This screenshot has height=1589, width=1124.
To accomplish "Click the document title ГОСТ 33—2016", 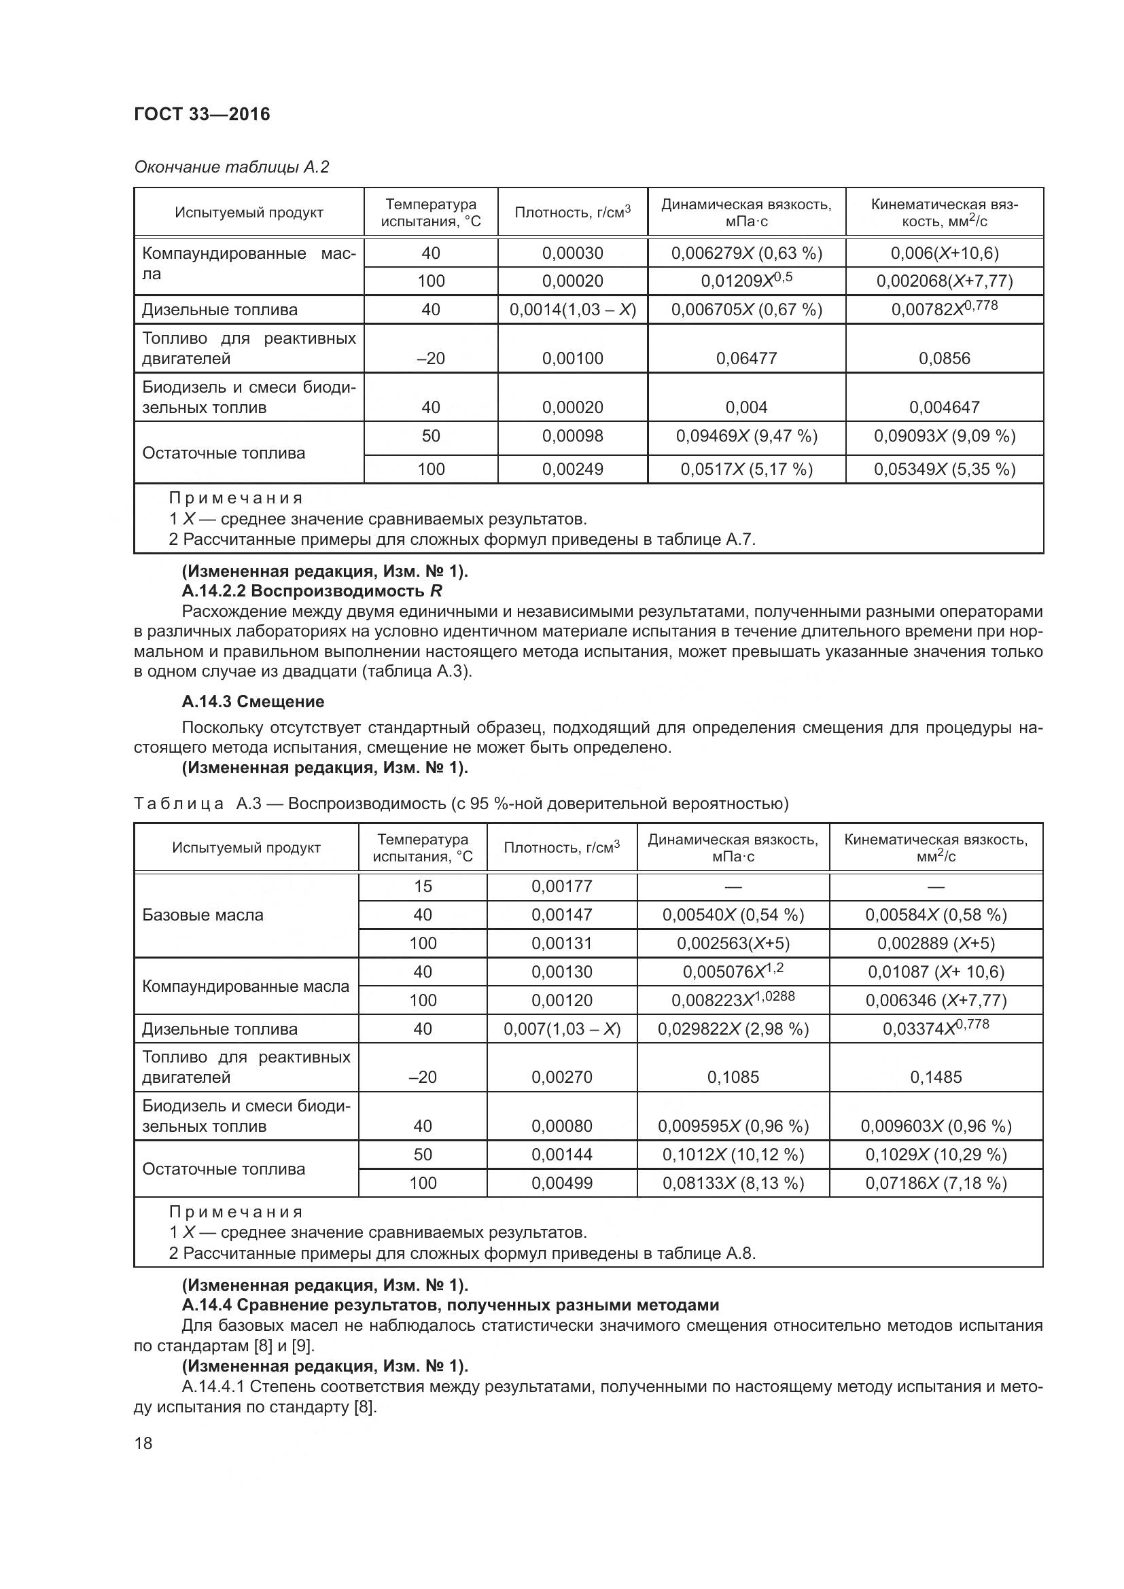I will coord(201,114).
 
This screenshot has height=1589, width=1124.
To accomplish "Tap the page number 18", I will coord(143,1443).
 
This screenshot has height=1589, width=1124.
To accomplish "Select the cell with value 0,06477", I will coord(746,359).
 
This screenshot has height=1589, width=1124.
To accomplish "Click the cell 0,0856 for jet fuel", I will coord(944,359).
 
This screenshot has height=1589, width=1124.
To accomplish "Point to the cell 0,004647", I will coord(944,407).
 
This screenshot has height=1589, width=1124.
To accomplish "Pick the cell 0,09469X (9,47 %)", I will coord(746,436).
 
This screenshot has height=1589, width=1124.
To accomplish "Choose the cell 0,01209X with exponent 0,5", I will coord(746,281).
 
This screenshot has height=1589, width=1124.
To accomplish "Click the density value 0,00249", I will coord(572,469).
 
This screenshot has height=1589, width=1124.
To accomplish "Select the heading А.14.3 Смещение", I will coord(253,702).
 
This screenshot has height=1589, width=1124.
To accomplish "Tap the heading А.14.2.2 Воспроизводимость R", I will coord(311,591).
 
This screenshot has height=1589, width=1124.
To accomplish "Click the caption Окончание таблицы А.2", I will coord(231,167).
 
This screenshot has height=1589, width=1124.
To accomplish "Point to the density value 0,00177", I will coord(561,887).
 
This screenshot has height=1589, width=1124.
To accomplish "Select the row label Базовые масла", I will coord(203,915).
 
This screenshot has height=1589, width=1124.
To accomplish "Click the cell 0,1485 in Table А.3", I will coord(936,1077).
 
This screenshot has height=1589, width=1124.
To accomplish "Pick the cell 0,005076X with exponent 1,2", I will coord(733,971).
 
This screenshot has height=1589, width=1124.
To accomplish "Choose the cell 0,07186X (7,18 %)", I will coord(936,1183).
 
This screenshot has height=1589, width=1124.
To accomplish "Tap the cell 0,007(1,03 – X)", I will coord(561,1029).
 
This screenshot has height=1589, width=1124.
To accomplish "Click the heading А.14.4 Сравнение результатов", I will coord(450,1305).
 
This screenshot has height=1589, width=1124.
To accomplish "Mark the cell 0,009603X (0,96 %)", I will coord(936,1126).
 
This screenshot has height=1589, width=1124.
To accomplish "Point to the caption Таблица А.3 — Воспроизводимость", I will coord(460,804).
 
